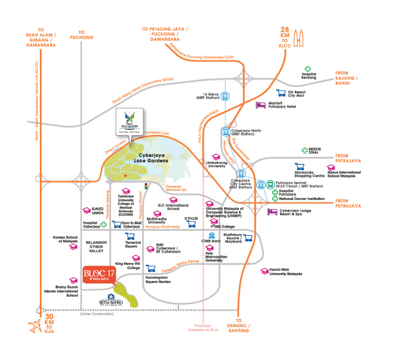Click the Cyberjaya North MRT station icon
[226, 132]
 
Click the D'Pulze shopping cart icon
[191, 227]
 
